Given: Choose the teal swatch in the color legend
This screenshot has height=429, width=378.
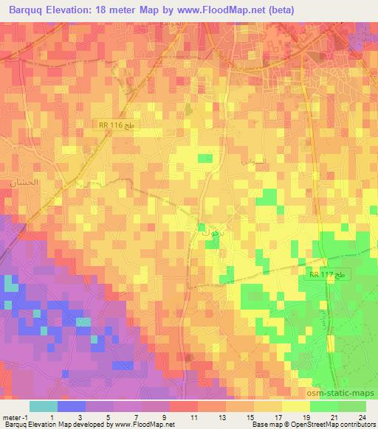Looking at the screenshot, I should [44, 406].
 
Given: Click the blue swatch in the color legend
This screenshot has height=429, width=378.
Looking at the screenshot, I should [72, 406].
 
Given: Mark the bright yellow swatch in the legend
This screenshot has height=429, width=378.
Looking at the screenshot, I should [295, 406].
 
